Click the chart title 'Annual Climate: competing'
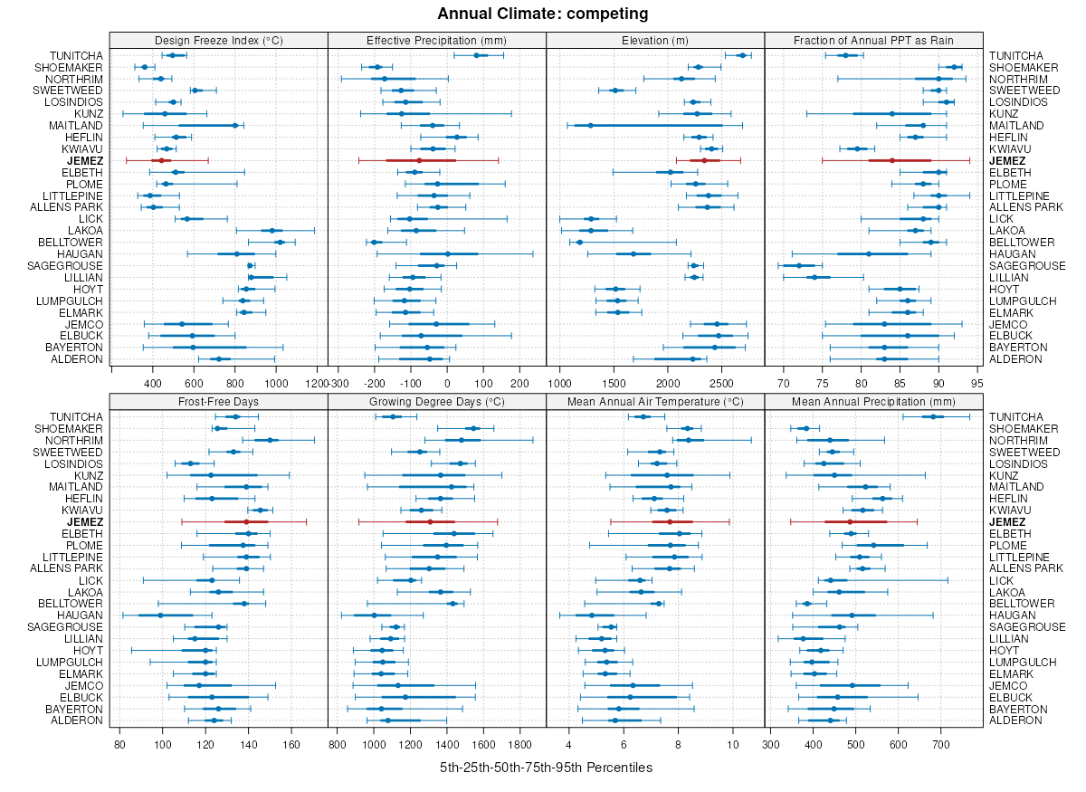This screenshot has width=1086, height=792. point(542,14)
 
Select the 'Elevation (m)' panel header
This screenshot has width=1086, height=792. point(655,40)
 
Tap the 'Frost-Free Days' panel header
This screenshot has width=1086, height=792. point(218,401)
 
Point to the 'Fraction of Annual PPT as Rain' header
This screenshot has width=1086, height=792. point(873,40)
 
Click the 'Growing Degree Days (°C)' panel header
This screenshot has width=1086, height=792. point(436,401)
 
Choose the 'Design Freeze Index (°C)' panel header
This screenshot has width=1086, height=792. point(218,40)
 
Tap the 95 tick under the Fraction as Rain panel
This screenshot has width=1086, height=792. point(977,384)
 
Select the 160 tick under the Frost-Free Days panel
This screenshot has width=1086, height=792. point(291,745)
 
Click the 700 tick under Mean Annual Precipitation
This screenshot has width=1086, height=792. point(940,745)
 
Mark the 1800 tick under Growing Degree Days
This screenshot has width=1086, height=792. point(520,745)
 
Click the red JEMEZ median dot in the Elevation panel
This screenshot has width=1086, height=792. point(704,160)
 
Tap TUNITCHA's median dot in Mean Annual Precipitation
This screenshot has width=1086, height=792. point(934,416)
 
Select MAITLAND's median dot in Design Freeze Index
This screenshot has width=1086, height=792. point(235,126)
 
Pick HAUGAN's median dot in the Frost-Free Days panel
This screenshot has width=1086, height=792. point(160,615)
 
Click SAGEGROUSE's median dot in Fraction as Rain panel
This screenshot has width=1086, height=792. point(799,265)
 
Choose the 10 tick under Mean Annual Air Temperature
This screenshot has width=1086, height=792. point(733,745)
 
